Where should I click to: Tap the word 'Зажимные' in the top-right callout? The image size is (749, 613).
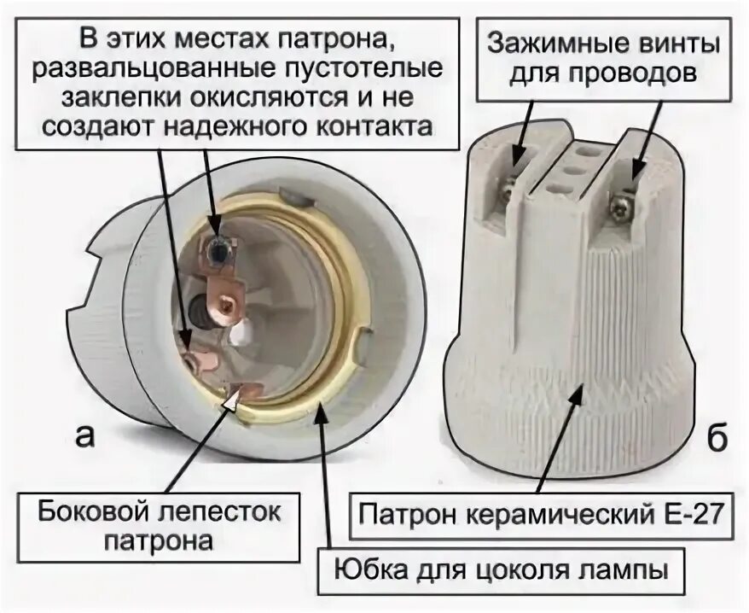[543, 42]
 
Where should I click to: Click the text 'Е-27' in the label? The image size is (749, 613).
[691, 515]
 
